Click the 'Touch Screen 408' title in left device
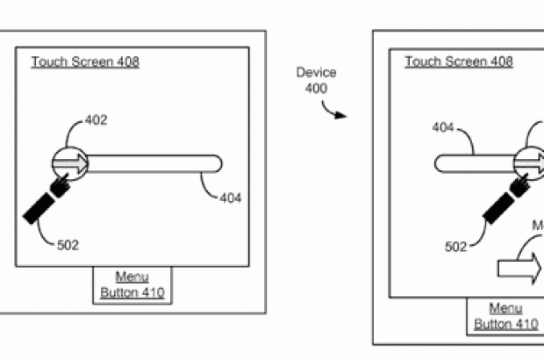(85, 61)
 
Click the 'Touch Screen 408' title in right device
(458, 61)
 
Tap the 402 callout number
(97, 120)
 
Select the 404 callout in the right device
(443, 128)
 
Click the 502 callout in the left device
(68, 245)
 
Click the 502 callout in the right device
(455, 247)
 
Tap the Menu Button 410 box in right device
(505, 316)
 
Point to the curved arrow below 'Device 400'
(335, 111)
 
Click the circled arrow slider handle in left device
(70, 164)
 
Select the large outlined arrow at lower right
(519, 267)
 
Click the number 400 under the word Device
(316, 88)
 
